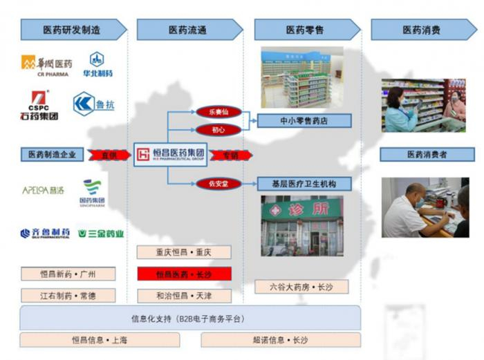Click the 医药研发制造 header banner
click(73, 30)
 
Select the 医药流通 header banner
click(189, 30)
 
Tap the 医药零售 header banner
click(306, 30)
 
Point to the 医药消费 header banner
click(422, 30)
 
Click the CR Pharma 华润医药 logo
click(46, 65)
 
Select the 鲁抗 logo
click(93, 104)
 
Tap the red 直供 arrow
click(111, 155)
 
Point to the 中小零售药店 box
click(304, 121)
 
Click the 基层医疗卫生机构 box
click(304, 184)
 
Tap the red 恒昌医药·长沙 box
click(183, 274)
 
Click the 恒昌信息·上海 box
click(100, 340)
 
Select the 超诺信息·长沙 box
click(280, 340)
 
